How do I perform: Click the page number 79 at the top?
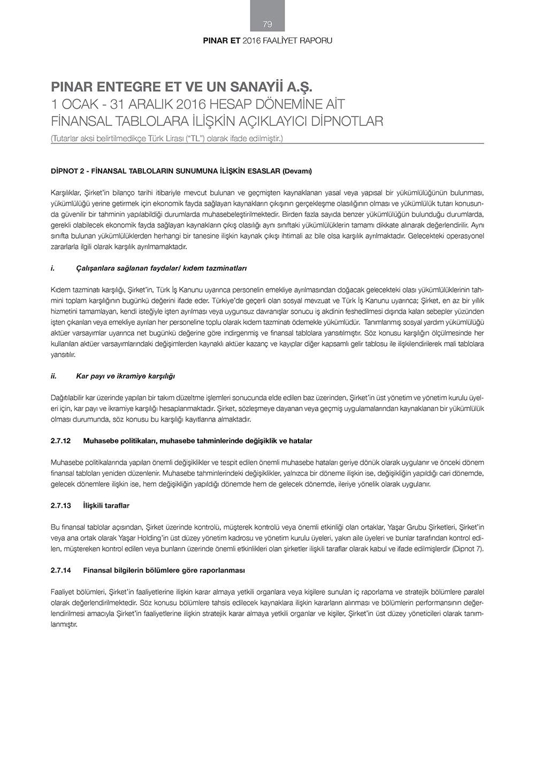pos(267,24)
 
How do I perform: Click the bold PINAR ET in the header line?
pos(221,41)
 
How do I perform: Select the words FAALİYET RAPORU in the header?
pos(297,41)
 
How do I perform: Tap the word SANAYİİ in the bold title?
pos(259,87)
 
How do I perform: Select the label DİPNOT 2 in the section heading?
pos(68,171)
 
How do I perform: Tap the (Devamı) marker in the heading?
pos(297,171)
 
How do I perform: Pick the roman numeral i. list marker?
pos(52,268)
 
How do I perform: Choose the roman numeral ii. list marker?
pos(53,376)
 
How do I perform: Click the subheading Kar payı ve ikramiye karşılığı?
pos(125,376)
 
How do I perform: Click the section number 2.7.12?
pos(60,441)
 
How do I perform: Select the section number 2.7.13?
pos(60,506)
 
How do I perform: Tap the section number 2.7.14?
pos(60,571)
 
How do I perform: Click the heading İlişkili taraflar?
pos(106,506)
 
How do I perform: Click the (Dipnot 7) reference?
pos(468,549)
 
